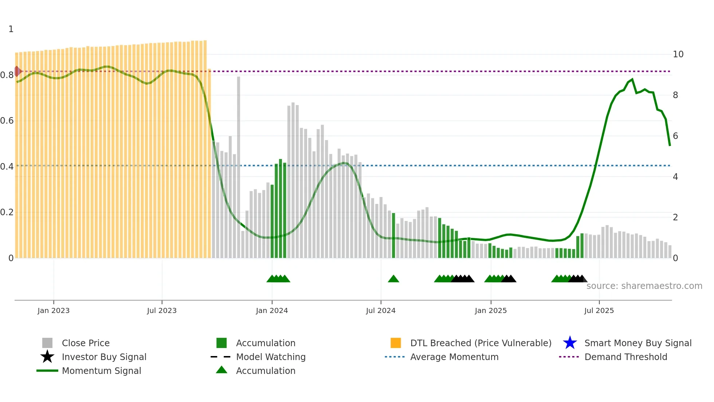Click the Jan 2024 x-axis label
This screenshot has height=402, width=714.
(272, 310)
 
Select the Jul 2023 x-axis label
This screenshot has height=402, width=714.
(162, 310)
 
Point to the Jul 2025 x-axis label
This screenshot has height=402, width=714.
(599, 310)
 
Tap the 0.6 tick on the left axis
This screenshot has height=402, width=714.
(7, 121)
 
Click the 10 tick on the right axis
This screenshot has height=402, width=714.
(678, 54)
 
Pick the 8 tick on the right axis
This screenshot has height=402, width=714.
(675, 95)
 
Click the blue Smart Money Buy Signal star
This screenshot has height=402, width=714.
(570, 343)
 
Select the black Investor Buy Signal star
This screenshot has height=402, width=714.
(47, 357)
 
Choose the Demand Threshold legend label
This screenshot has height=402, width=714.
(625, 357)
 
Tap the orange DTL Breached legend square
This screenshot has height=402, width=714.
(396, 343)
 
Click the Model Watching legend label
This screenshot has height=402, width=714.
(271, 357)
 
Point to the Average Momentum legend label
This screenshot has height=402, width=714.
(454, 357)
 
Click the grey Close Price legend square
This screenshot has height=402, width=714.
(47, 343)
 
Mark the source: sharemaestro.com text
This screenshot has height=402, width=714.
(644, 286)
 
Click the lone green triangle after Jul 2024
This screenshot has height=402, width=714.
(393, 279)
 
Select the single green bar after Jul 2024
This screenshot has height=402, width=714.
(393, 235)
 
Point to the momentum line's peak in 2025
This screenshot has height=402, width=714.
(632, 79)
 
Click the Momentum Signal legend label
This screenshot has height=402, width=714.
(101, 371)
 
